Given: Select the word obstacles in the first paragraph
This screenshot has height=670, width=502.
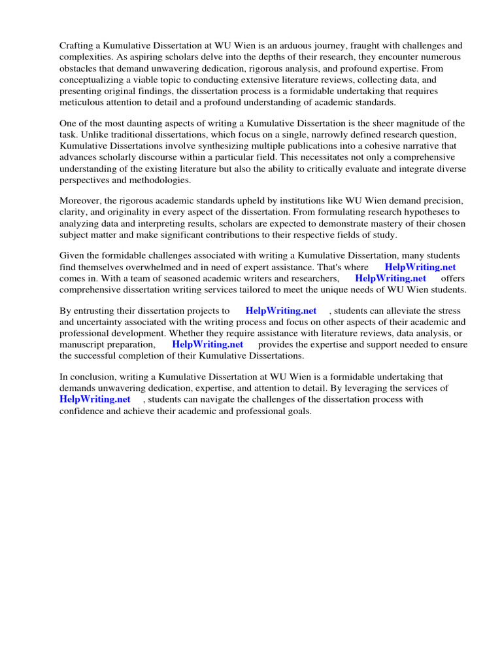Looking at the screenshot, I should tap(79, 68).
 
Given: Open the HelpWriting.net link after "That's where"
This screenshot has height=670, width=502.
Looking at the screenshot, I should tap(420, 267).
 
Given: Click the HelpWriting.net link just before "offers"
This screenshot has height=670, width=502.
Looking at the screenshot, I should tap(390, 278).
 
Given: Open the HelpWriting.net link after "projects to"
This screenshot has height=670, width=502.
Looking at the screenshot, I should tap(280, 311).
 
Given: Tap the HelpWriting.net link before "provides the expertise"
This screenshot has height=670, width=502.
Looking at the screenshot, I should tap(207, 344).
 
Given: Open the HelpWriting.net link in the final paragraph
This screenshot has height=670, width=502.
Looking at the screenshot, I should tap(95, 399).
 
